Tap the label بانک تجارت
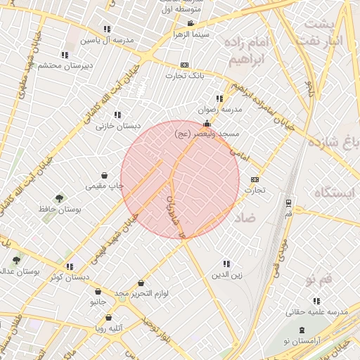[184, 75]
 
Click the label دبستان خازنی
[117, 125]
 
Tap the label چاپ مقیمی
[105, 186]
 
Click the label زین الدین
[227, 275]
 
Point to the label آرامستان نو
[301, 340]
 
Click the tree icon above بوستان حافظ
[59, 198]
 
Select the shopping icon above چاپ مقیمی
[105, 175]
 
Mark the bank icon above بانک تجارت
[184, 65]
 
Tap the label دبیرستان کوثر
[69, 277]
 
